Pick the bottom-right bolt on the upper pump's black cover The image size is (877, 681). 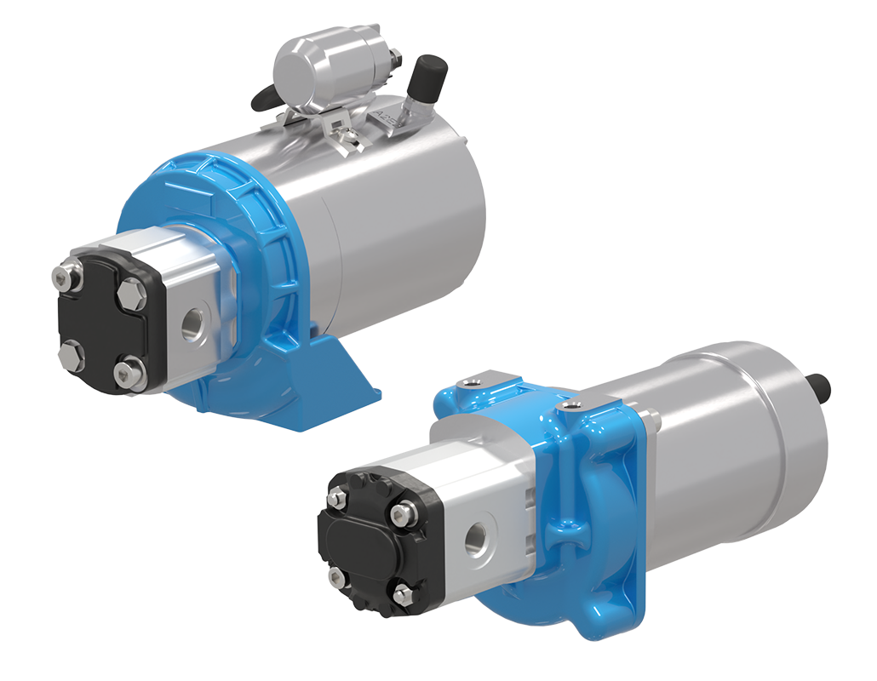point(128,371)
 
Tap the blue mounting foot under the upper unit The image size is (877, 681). point(345,375)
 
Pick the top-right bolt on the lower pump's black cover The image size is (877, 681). point(400,514)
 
